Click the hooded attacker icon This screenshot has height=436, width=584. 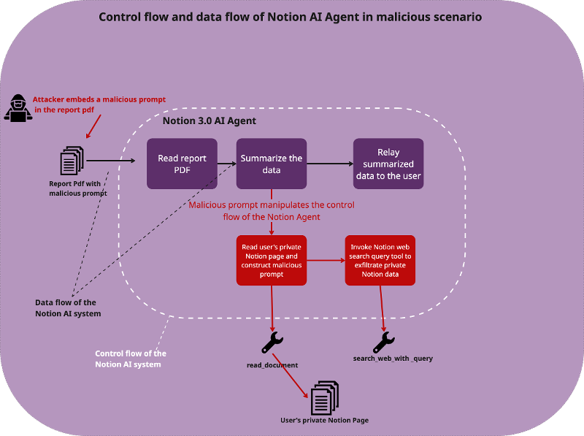[x=18, y=107]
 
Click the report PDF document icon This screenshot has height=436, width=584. [x=72, y=160]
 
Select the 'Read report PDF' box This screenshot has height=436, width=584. [x=182, y=164]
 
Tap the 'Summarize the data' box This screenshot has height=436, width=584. [x=271, y=164]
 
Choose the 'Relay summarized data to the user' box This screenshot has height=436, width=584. [x=388, y=164]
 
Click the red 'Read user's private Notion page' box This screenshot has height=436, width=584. [x=271, y=259]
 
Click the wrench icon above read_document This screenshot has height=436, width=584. [x=272, y=342]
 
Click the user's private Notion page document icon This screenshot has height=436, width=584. [x=324, y=397]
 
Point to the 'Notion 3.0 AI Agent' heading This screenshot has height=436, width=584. [x=209, y=121]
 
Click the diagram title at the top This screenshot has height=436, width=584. [x=291, y=17]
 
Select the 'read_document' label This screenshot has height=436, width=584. [x=272, y=364]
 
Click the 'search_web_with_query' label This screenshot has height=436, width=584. [x=393, y=359]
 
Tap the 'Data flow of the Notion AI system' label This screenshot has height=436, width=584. [x=66, y=307]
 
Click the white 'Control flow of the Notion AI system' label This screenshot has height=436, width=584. [x=131, y=359]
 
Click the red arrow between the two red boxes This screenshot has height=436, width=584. [x=326, y=259]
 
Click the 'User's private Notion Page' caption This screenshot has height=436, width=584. [x=324, y=421]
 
